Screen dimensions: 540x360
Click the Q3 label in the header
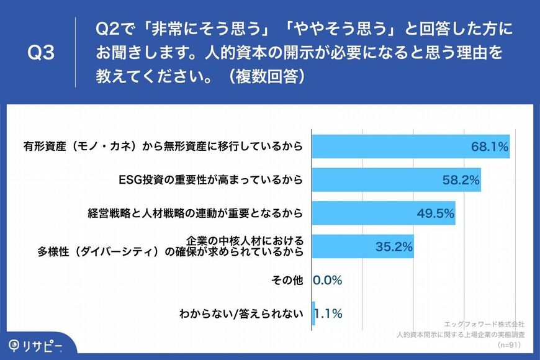coord(41,53)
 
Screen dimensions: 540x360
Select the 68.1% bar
coord(411,146)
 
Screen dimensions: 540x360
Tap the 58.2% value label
coord(461,180)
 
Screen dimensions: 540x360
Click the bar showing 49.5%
coord(384,214)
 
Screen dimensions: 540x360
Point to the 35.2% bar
coord(363,246)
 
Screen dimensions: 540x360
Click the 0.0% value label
coord(328,280)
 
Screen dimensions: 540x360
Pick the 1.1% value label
coord(328,313)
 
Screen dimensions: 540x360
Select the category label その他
coord(287,280)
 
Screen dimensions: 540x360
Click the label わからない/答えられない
coord(241,313)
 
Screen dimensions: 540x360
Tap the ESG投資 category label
coord(210,180)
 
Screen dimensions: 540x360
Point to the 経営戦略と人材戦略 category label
coord(196,214)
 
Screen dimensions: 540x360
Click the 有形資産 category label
coord(163,146)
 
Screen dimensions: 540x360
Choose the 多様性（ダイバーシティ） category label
coord(171,246)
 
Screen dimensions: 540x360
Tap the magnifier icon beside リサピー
coord(14,346)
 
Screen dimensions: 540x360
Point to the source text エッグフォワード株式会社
coord(484,324)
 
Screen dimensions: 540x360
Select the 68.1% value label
coord(490,146)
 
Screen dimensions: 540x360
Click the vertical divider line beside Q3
coord(76,52)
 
